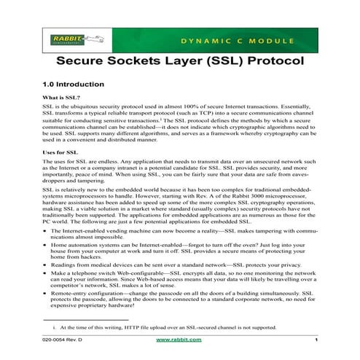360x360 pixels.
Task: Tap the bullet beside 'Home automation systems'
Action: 47,246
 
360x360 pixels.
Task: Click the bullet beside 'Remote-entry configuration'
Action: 47,295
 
